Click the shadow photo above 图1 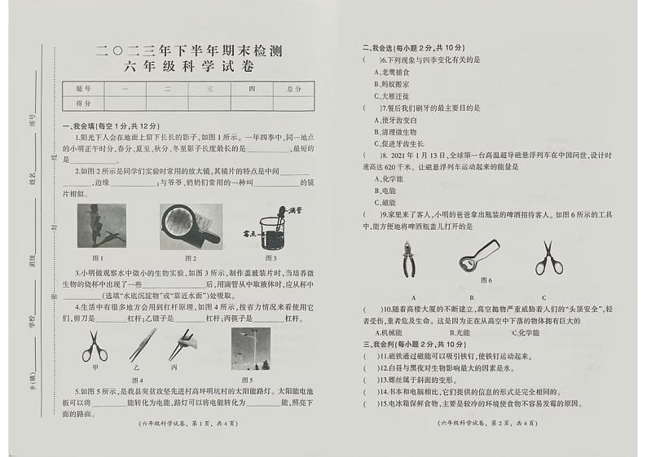tap(102, 225)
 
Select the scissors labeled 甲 tap(95, 345)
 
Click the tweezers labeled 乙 tap(138, 345)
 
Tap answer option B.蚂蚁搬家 tap(391, 84)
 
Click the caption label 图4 tap(136, 380)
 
